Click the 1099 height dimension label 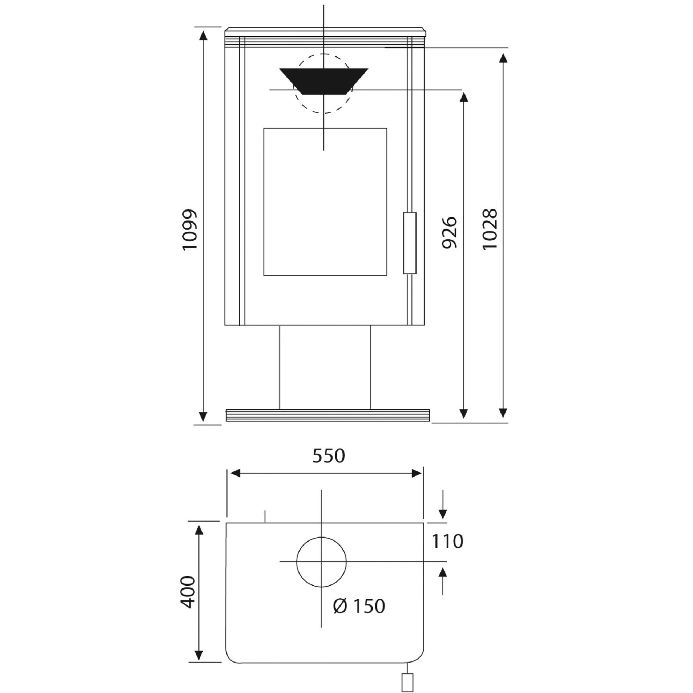189,230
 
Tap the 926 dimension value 450,232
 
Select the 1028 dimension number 490,230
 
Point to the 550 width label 328,456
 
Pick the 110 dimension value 447,541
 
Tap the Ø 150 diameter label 359,606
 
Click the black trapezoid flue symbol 324,81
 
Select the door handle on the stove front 410,243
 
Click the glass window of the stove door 325,202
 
